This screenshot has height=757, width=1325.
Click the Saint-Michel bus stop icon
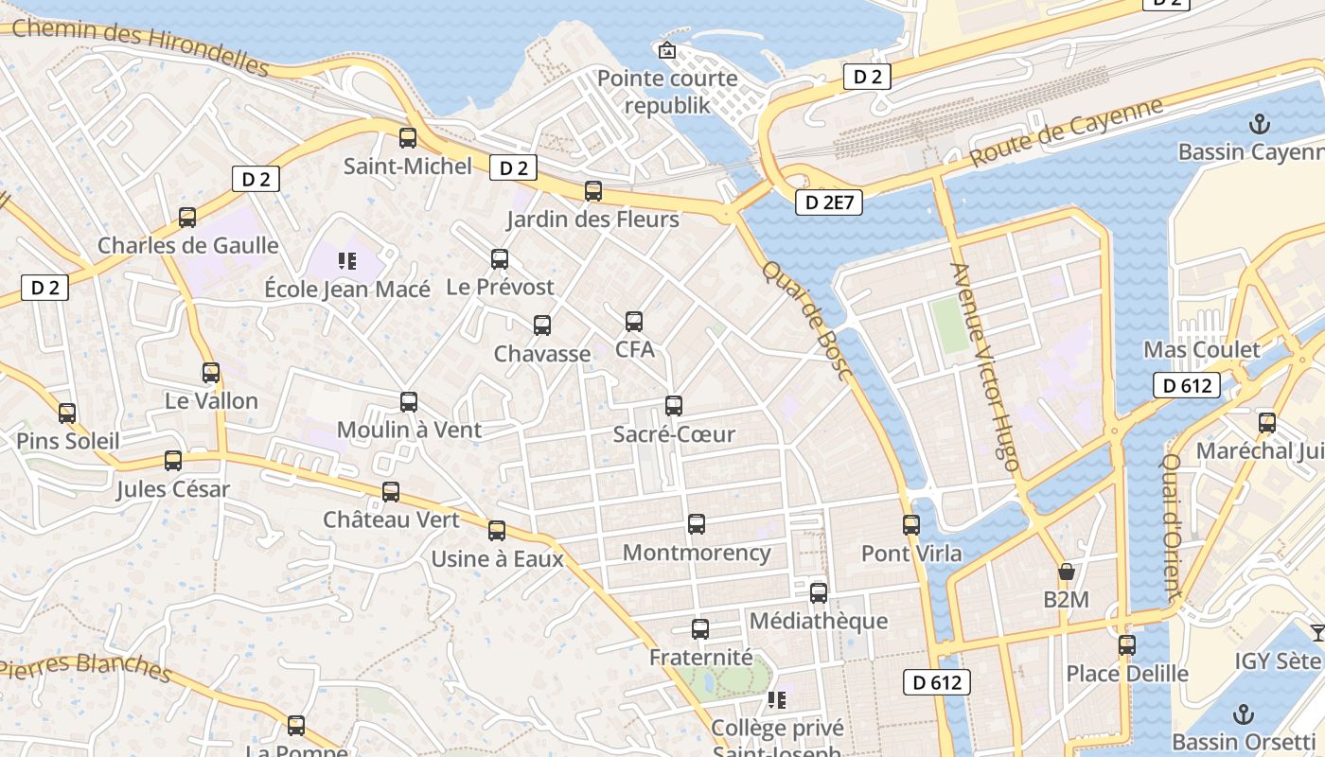pyautogui.click(x=408, y=138)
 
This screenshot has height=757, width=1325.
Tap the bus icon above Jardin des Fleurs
pyautogui.click(x=593, y=191)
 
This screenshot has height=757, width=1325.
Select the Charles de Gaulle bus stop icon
pyautogui.click(x=187, y=218)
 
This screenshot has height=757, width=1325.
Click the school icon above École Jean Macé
pyautogui.click(x=346, y=260)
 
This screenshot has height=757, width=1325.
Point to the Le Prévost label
pyautogui.click(x=500, y=287)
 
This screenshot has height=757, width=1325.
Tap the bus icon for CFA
pyautogui.click(x=634, y=322)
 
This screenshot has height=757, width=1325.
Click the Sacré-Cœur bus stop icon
pyautogui.click(x=674, y=406)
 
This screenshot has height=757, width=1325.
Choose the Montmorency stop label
pyautogui.click(x=697, y=553)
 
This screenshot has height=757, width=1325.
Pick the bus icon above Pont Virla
pyautogui.click(x=911, y=525)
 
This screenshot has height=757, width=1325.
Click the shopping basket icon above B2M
pyautogui.click(x=1067, y=572)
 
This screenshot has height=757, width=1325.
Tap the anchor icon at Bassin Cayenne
pyautogui.click(x=1259, y=124)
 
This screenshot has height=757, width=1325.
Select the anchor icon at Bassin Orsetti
pyautogui.click(x=1245, y=714)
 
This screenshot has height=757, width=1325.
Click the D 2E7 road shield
pyautogui.click(x=828, y=202)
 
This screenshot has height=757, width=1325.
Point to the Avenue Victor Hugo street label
pyautogui.click(x=985, y=366)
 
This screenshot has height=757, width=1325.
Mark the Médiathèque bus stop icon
pyautogui.click(x=819, y=593)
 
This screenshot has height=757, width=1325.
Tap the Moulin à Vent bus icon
pyautogui.click(x=409, y=402)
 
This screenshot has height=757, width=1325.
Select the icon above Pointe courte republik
pyautogui.click(x=667, y=50)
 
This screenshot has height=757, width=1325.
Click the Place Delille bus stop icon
pyautogui.click(x=1127, y=645)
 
